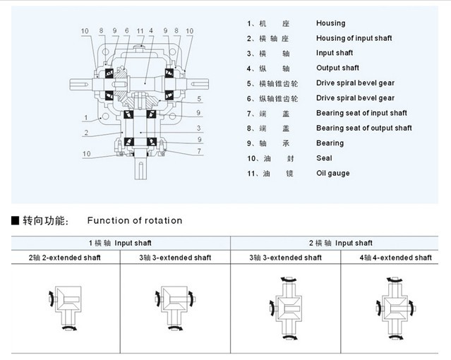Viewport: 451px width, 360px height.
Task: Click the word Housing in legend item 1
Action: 330,23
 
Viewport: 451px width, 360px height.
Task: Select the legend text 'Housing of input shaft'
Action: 354,38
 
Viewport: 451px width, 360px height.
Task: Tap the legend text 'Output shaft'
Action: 337,68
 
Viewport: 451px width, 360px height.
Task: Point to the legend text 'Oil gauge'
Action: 332,173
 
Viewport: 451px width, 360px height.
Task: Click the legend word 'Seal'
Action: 324,158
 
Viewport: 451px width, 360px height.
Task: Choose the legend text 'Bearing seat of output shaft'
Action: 363,128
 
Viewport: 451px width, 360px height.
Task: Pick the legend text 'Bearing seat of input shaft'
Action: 361,113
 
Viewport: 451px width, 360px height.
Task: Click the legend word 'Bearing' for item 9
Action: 330,143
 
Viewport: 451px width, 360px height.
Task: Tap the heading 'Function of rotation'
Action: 134,221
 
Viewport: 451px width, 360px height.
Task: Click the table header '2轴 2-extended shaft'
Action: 65,258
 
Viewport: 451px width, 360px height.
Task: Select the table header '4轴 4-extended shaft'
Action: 395,258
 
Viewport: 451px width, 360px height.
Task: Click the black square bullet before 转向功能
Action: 15,221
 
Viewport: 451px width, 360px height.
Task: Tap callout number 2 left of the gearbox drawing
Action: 85,133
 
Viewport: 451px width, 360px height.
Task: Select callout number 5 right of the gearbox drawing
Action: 200,98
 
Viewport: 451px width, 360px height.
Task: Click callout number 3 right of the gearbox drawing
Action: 200,128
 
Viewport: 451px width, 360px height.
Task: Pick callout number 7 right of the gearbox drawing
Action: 200,151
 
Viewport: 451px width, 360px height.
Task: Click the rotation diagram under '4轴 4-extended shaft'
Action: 394,305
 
